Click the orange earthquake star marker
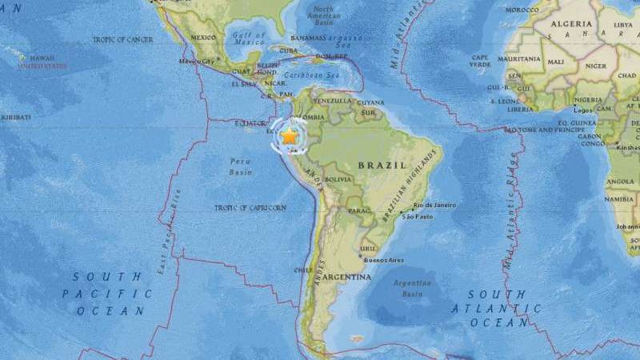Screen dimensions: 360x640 point(289,137)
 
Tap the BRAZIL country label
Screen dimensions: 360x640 point(376,165)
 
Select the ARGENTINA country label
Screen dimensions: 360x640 point(346,277)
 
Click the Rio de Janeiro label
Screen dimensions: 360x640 point(434,206)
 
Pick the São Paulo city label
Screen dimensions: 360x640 point(421,217)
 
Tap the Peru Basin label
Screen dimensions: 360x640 point(241,166)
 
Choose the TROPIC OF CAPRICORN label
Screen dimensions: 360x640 point(250,208)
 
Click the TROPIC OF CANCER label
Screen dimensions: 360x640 point(122,39)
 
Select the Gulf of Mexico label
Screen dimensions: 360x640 point(248,38)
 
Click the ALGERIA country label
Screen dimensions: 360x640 point(571,24)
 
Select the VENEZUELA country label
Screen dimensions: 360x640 point(332,101)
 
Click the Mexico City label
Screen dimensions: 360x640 point(197,61)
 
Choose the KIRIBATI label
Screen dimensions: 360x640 point(15,117)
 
